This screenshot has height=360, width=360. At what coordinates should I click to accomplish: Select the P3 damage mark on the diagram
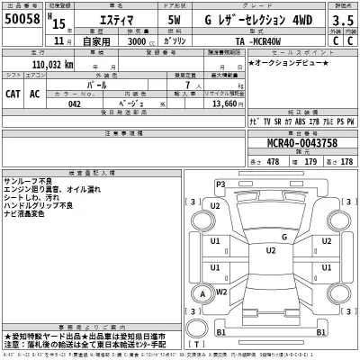pos(220,184)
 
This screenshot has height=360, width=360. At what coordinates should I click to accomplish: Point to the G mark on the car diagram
pos(283,238)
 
